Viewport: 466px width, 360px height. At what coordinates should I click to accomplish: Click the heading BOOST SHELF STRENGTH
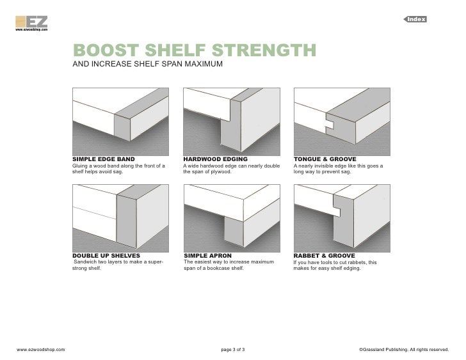point(194,51)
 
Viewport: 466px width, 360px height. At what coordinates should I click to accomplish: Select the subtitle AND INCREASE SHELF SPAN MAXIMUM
point(147,65)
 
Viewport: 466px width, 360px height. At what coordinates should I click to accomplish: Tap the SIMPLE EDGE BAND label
point(104,158)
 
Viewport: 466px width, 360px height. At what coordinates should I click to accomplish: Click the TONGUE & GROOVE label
point(325,158)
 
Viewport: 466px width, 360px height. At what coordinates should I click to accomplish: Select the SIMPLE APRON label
point(207,255)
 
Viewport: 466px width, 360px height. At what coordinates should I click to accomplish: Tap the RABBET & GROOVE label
point(324,255)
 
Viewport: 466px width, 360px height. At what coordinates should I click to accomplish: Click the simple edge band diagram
point(121,119)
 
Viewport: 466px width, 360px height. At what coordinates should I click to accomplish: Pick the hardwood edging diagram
point(231,119)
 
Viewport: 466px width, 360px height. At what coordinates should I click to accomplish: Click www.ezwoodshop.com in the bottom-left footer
point(40,350)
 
